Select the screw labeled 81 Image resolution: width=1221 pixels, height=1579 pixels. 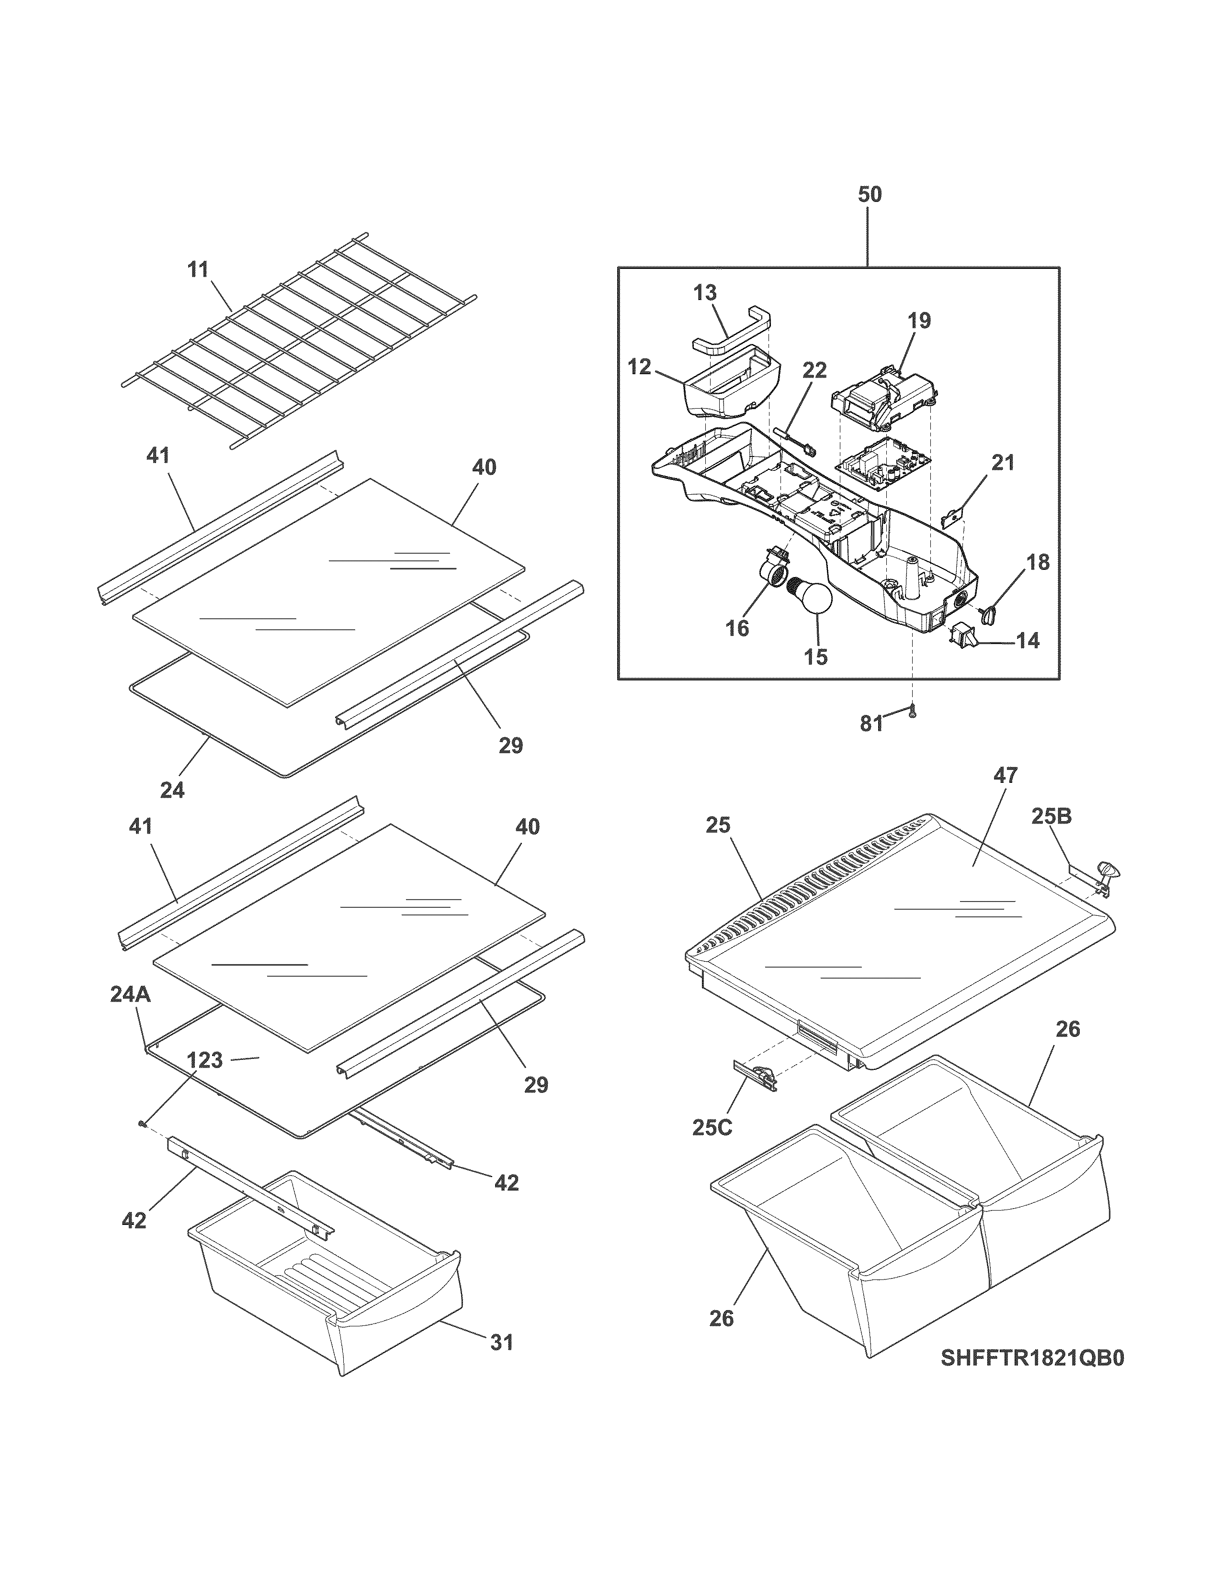click(x=913, y=712)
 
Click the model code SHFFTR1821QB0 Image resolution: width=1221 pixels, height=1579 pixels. click(x=1032, y=1358)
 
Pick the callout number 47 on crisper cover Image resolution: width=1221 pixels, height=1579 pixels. click(x=1006, y=776)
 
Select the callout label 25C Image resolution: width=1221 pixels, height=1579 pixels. click(x=712, y=1128)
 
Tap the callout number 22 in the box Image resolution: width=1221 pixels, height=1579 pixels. click(x=814, y=370)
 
